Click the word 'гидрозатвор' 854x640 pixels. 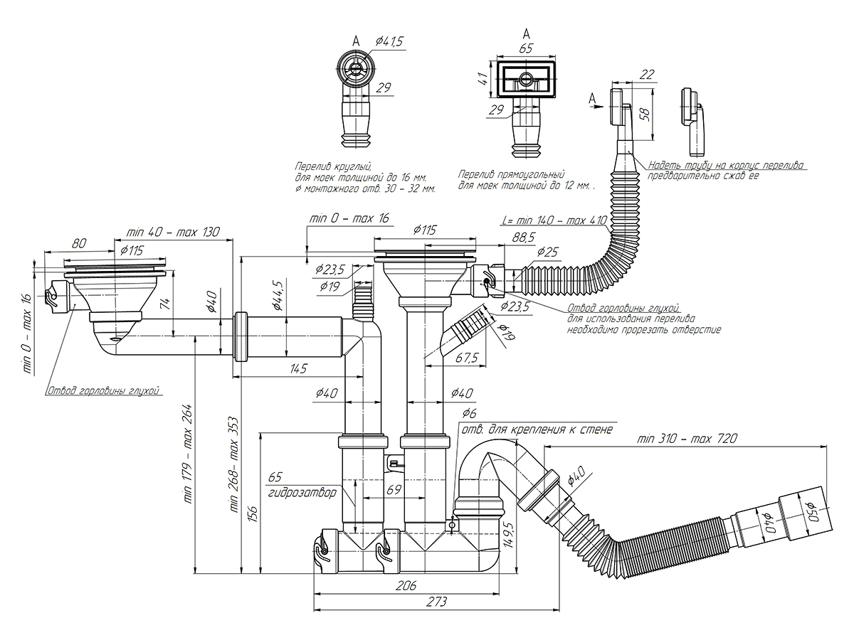coord(298,493)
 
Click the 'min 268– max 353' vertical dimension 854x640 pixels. coord(233,466)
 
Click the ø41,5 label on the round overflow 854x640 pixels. coord(388,42)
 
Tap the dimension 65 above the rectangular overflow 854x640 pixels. coord(526,48)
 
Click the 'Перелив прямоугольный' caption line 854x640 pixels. coord(511,174)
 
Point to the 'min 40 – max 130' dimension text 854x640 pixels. coord(173,232)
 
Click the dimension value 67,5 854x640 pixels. coord(466,357)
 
